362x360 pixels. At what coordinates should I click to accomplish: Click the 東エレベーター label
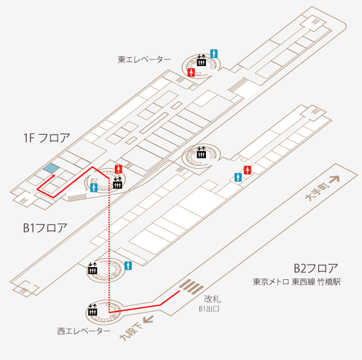145,59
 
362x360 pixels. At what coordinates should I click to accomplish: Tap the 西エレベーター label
84,331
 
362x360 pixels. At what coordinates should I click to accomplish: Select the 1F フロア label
47,138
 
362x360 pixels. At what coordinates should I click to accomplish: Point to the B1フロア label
45,228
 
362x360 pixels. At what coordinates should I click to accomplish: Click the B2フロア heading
316,268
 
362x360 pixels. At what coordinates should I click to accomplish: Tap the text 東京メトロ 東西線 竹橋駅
296,282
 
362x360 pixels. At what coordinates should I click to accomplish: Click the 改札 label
213,299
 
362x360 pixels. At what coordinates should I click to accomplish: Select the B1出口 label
209,309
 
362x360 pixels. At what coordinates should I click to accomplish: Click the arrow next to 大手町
334,179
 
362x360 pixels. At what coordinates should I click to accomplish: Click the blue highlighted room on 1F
51,168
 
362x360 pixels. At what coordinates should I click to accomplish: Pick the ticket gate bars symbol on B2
191,287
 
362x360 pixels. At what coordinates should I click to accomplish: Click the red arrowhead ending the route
53,176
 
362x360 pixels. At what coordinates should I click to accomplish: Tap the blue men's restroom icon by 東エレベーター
214,53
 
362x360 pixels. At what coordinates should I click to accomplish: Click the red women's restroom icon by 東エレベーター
191,72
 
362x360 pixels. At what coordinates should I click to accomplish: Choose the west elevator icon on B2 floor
93,310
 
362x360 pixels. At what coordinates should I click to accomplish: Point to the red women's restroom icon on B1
247,170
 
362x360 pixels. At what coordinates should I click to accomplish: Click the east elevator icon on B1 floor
201,152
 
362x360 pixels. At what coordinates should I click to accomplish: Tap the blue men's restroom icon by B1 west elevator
128,266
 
